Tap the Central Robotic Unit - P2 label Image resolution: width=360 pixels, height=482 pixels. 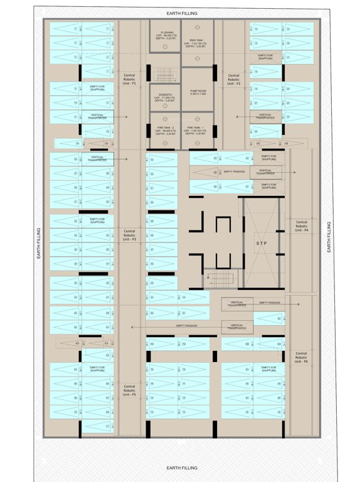click(234, 78)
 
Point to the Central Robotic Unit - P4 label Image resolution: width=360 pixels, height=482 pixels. click(302, 226)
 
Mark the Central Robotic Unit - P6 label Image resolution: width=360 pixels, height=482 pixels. click(301, 357)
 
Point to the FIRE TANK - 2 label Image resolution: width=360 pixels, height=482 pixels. click(166, 127)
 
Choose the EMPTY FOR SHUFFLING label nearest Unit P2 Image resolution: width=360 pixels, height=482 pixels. click(265, 56)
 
